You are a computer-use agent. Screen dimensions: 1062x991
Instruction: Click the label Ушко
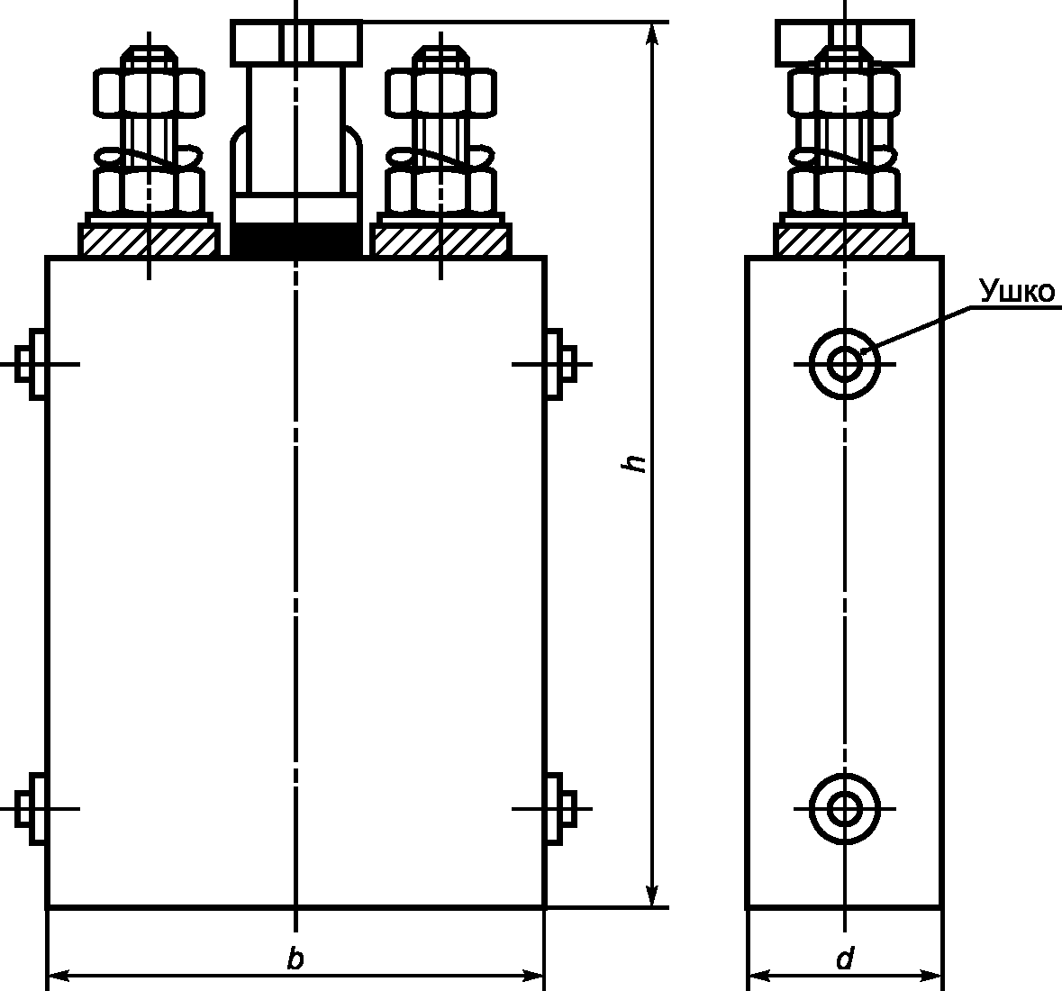click(x=1017, y=291)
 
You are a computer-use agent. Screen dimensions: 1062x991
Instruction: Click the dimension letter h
click(x=635, y=463)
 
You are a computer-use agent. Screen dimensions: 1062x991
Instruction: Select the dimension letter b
click(x=295, y=959)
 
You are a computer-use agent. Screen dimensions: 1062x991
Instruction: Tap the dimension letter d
click(x=845, y=959)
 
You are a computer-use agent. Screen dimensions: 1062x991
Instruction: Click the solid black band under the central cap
click(x=295, y=240)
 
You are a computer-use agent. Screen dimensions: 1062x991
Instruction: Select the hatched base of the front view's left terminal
click(x=149, y=241)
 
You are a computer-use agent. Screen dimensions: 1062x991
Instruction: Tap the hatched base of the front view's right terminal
click(x=440, y=241)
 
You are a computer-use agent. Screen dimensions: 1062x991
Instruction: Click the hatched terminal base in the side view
click(x=845, y=241)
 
